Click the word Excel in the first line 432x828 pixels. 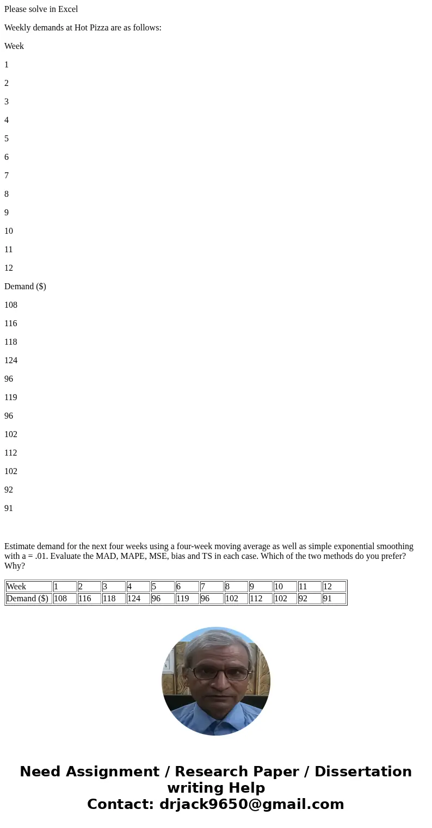point(67,9)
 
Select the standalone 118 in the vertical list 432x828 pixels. point(11,342)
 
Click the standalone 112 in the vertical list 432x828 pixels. point(11,453)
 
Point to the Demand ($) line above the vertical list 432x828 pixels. point(25,287)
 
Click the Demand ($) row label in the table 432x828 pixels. point(28,599)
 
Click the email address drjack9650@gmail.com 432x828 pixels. point(251,804)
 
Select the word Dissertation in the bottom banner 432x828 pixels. point(363,772)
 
